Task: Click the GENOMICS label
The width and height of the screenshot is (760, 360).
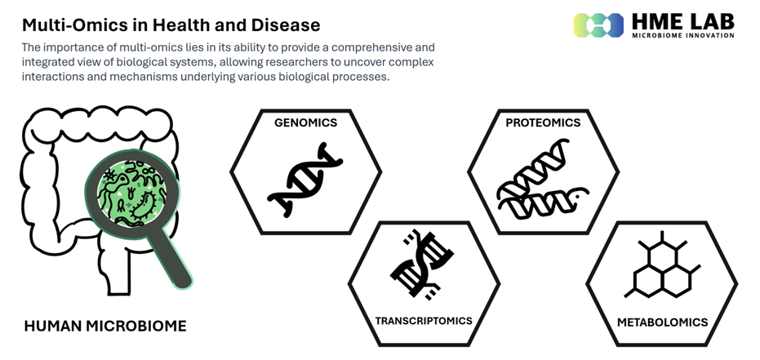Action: (x=305, y=122)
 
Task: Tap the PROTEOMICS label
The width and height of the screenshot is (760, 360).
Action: (x=543, y=122)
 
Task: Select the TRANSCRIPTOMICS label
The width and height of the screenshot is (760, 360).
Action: (x=424, y=321)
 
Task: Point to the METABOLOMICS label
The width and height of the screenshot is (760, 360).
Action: (x=662, y=322)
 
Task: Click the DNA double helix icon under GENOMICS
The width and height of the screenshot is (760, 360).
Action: (x=304, y=180)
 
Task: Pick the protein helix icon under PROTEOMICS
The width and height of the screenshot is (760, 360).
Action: (x=543, y=180)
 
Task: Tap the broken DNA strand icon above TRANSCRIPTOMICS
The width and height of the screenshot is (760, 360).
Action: (x=422, y=264)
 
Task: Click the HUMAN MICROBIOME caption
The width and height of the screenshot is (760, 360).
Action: (x=105, y=326)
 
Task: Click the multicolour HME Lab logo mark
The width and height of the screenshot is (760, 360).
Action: (x=598, y=25)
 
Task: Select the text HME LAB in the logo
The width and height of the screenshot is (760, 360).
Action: (x=683, y=22)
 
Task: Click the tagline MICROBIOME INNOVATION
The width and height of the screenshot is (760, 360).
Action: (x=683, y=35)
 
